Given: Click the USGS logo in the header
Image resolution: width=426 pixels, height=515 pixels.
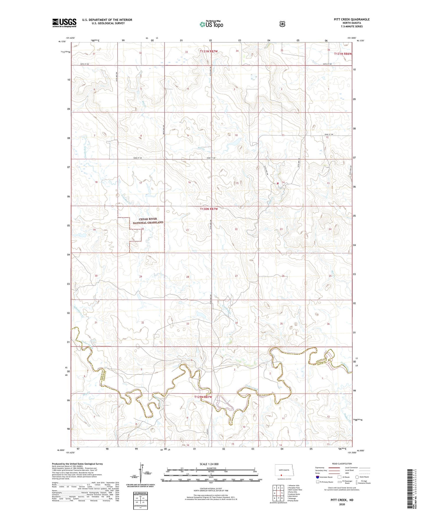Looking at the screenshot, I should tap(64, 23).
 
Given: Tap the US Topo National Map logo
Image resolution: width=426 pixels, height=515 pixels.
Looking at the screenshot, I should tap(211, 24).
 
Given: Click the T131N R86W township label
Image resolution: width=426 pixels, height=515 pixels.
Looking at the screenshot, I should tap(343, 54).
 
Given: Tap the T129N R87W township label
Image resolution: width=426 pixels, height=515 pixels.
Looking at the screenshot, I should tap(203, 397).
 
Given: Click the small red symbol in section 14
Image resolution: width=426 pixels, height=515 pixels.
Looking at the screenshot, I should tap(278, 183).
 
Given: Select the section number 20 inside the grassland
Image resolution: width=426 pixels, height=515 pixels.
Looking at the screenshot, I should tap(142, 229).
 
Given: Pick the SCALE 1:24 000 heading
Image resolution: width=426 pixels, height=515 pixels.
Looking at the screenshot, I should tap(209, 464).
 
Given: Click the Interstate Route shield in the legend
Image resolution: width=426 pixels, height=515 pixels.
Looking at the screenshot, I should tap(318, 477).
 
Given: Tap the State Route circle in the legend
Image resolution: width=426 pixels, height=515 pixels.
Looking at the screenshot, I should tap(357, 477).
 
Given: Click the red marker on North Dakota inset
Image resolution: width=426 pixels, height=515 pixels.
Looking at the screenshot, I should tap(281, 475).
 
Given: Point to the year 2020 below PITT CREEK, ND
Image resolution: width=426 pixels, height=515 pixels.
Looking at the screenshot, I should tap(342, 504).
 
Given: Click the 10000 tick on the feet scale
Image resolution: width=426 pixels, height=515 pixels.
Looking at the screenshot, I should tap(260, 480).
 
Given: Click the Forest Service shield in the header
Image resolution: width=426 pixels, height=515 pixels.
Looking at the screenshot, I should tap(282, 24).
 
